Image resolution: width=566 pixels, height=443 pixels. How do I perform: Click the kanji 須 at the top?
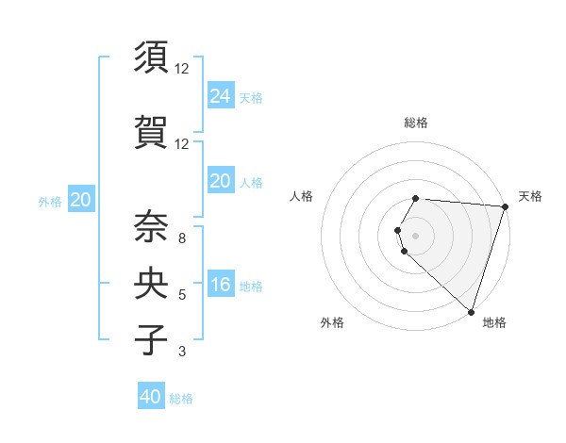(x=153, y=57)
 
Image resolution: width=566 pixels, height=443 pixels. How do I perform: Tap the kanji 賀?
(x=153, y=130)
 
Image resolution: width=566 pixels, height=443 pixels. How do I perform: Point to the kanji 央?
(x=153, y=282)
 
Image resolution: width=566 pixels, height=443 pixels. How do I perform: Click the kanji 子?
(x=153, y=338)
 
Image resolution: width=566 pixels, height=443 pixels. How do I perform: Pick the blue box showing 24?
(x=221, y=95)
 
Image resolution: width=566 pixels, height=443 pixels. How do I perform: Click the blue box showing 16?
(x=221, y=285)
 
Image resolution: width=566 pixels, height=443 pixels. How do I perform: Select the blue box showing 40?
(x=151, y=397)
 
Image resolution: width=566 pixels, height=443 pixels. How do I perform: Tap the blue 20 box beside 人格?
(x=221, y=181)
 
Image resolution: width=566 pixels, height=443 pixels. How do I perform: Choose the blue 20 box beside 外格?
(x=81, y=200)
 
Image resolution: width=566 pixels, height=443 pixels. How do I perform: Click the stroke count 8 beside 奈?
(x=181, y=238)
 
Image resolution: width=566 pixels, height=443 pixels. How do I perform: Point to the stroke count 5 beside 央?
(x=181, y=295)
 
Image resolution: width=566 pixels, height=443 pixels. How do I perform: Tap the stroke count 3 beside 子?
(x=181, y=352)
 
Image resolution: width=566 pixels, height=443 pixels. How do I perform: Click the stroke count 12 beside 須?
(x=182, y=69)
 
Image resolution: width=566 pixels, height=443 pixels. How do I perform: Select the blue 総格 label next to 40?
(x=181, y=399)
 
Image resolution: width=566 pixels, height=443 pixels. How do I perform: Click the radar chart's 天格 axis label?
(x=530, y=196)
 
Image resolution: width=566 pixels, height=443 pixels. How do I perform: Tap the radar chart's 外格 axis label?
(x=332, y=322)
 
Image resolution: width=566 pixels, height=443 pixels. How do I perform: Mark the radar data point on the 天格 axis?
(x=505, y=206)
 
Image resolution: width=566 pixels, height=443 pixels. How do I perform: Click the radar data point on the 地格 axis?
(x=471, y=311)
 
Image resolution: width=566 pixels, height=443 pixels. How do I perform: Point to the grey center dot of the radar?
(x=415, y=235)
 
